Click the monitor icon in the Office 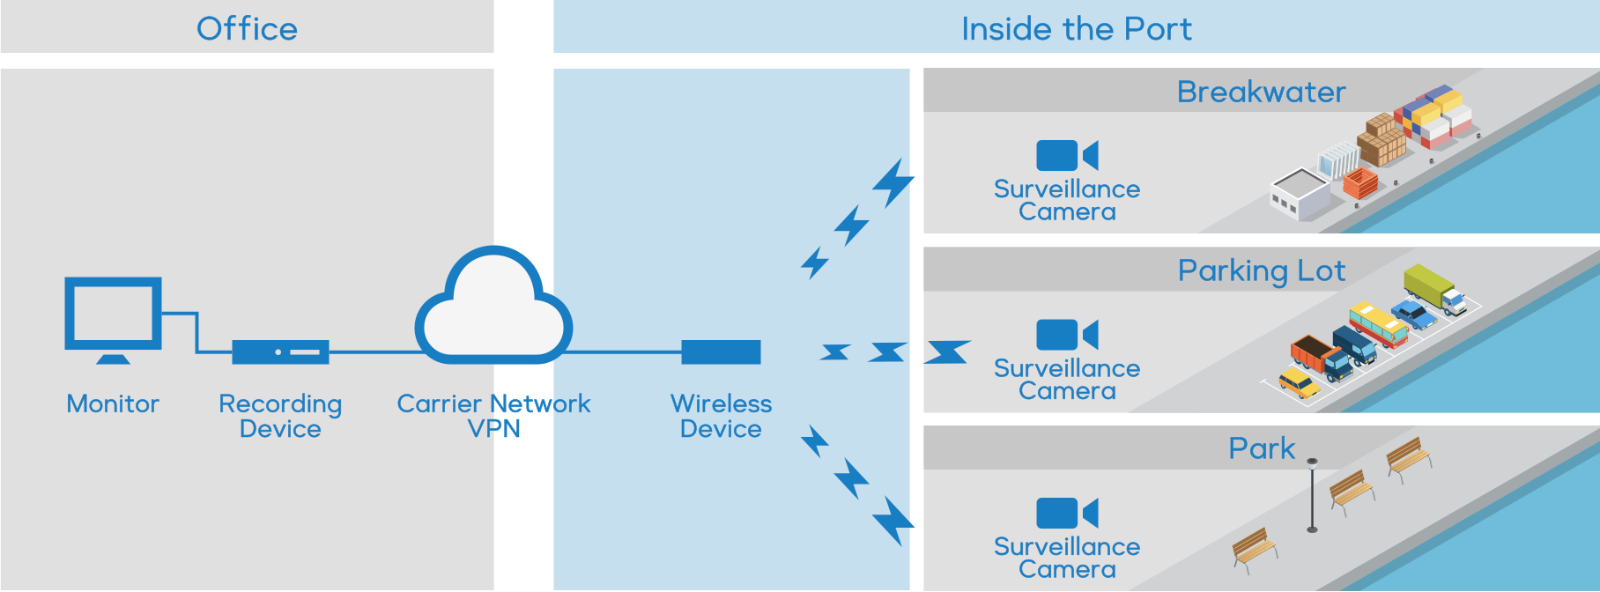(x=113, y=315)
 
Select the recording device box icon (x=280, y=352)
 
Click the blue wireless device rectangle (x=721, y=352)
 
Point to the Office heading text (x=247, y=29)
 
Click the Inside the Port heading (x=1076, y=29)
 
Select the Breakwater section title (x=1261, y=92)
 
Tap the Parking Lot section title (x=1261, y=270)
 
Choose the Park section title (x=1262, y=448)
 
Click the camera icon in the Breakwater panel (x=1066, y=156)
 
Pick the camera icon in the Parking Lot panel (x=1066, y=335)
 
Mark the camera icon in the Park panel (x=1066, y=513)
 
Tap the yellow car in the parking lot (x=1299, y=382)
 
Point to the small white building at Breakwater (x=1300, y=194)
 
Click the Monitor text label (x=113, y=403)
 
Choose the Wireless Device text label (x=721, y=416)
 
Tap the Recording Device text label (x=280, y=416)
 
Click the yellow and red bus (x=1378, y=324)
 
